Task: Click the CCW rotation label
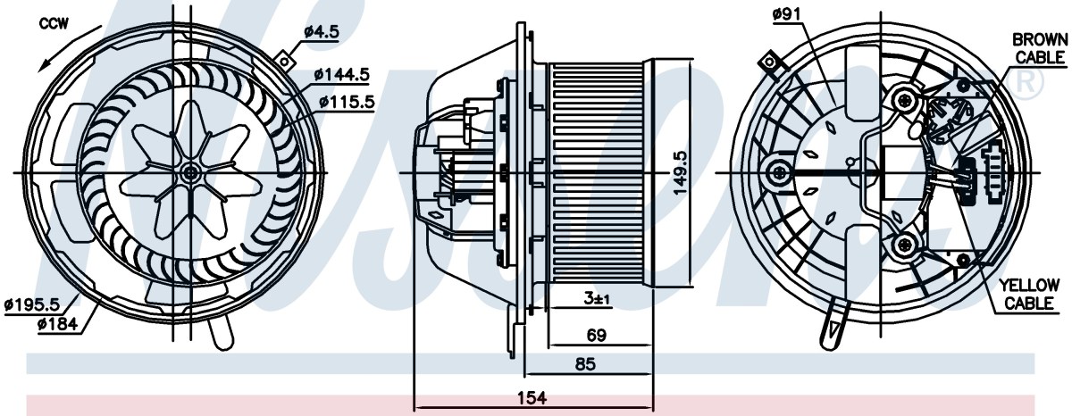click(x=54, y=23)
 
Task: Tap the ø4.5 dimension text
click(x=322, y=32)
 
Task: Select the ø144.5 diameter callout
click(x=341, y=74)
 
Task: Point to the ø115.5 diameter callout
click(x=347, y=102)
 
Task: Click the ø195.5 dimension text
click(x=31, y=304)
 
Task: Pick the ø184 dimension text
click(x=57, y=324)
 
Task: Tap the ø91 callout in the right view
click(x=786, y=15)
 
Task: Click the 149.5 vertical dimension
click(x=680, y=172)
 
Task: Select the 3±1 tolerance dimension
click(x=596, y=299)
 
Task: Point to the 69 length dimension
click(x=597, y=335)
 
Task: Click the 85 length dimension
click(x=585, y=364)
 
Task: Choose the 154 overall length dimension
click(x=532, y=398)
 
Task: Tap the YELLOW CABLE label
click(x=1028, y=294)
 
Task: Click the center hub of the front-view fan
click(x=190, y=172)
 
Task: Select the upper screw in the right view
click(x=904, y=100)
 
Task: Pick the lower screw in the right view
click(x=904, y=245)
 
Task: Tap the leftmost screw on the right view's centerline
click(x=780, y=172)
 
